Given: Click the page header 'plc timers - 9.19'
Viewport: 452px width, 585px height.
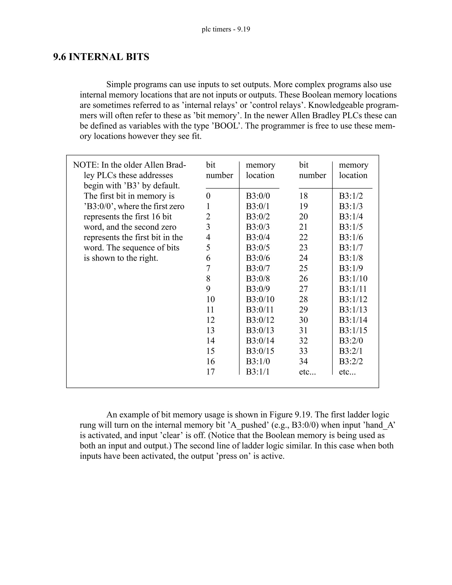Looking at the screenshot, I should (226, 29).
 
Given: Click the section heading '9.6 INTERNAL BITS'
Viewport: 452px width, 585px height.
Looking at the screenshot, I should (101, 57).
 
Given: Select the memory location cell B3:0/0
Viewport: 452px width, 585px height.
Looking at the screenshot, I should (258, 196).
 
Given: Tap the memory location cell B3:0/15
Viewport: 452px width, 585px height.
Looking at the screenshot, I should (260, 351).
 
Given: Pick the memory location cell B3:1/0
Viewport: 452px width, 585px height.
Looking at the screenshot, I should (258, 362).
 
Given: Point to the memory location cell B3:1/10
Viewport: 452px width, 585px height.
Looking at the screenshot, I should (353, 279).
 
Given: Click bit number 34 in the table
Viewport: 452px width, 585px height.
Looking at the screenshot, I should (303, 362).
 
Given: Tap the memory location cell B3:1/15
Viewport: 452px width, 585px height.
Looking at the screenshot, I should (353, 330).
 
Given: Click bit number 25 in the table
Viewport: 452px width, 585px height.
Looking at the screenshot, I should (303, 268).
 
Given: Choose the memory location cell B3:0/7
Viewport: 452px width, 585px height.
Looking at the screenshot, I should (258, 268).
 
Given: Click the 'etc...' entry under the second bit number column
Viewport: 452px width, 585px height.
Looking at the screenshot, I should (307, 372).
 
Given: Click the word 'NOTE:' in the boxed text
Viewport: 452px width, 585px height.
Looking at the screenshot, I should (86, 165).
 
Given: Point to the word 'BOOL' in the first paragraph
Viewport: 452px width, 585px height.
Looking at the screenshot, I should (226, 126).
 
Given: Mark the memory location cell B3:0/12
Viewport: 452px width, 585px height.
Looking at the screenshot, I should (260, 320).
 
